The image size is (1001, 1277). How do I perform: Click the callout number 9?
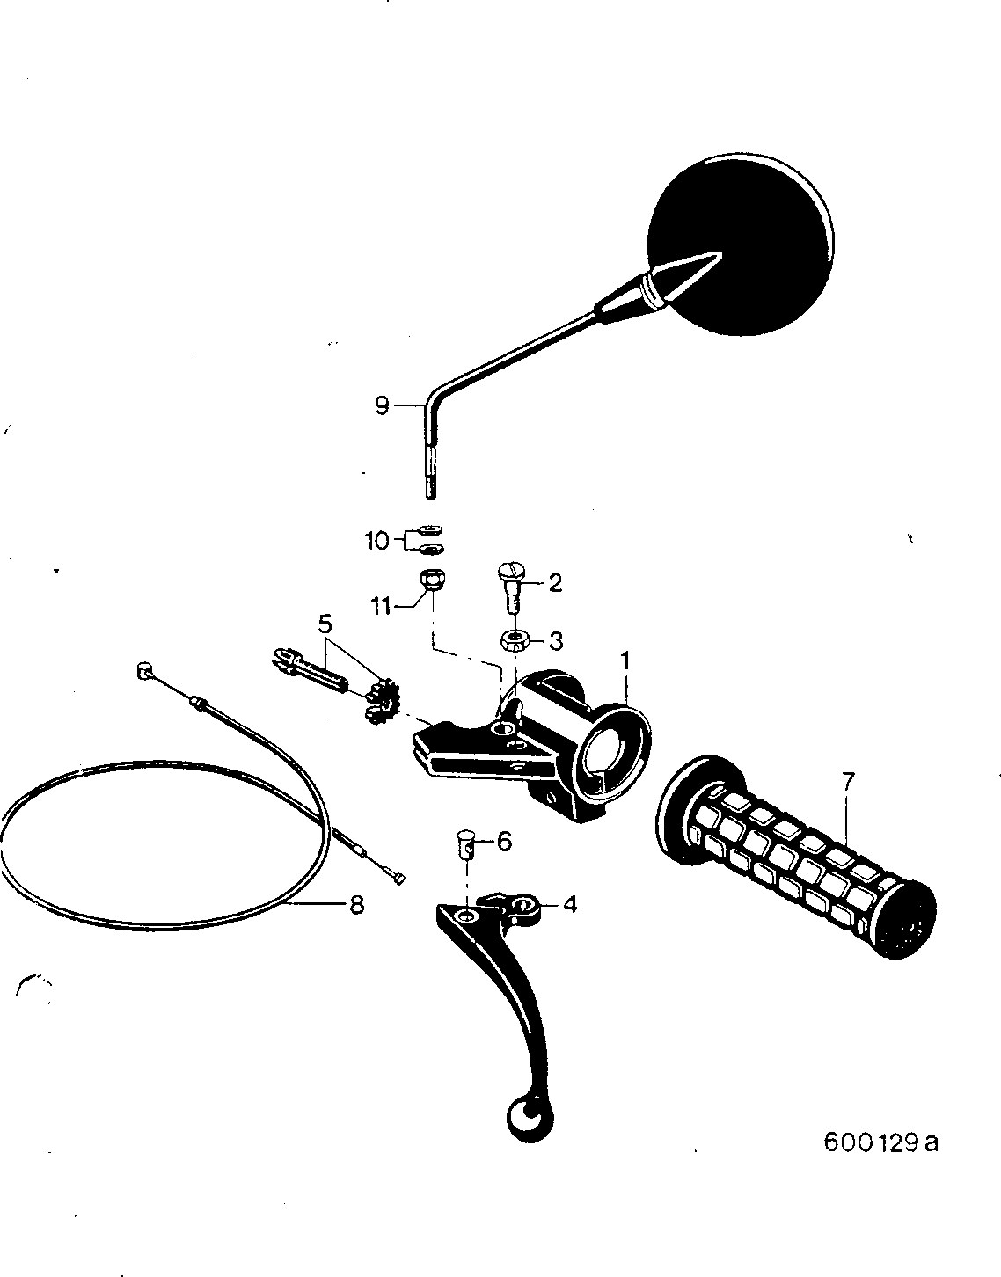pyautogui.click(x=383, y=405)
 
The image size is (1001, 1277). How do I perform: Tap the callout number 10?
pyautogui.click(x=377, y=541)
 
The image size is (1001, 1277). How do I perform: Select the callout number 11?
pyautogui.click(x=382, y=606)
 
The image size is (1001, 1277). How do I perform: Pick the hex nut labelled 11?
pyautogui.click(x=432, y=580)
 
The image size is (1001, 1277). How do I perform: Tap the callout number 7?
pyautogui.click(x=847, y=782)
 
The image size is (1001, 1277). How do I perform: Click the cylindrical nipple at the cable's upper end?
pyautogui.click(x=143, y=670)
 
